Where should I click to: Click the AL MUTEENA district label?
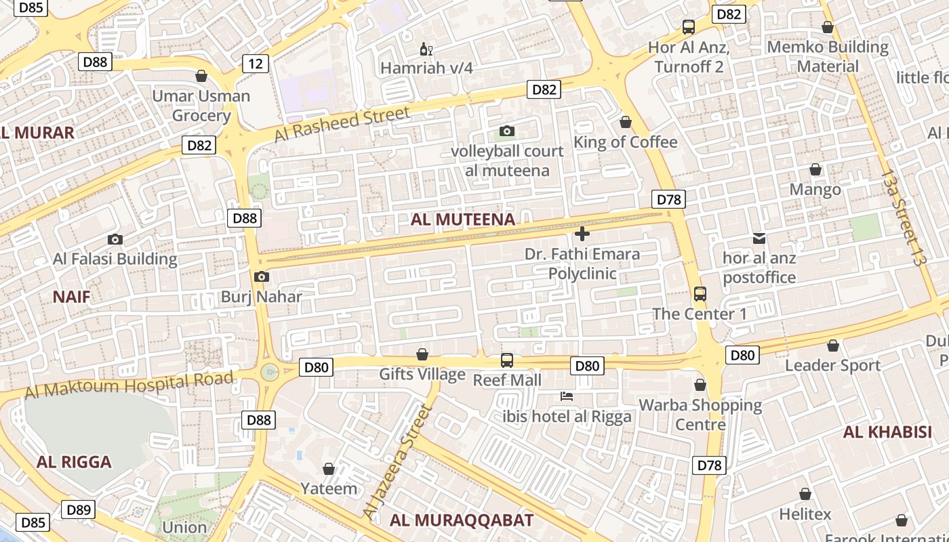463,220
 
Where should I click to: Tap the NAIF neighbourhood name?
71,296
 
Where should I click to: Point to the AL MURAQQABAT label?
462,520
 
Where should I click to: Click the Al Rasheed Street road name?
342,125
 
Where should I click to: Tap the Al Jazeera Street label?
398,462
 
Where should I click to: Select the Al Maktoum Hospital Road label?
129,385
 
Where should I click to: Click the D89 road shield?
79,509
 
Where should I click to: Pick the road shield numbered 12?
256,64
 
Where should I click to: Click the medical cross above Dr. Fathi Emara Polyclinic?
582,234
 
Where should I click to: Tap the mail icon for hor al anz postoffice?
759,238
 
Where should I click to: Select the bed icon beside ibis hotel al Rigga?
567,396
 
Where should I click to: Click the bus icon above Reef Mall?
507,360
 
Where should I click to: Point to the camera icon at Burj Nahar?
261,277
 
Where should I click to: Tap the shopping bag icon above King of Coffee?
626,122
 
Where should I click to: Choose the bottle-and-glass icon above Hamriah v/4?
426,49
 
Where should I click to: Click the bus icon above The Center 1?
700,294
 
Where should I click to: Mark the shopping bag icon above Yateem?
329,469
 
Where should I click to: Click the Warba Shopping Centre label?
700,415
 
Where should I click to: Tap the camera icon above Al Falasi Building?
115,239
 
